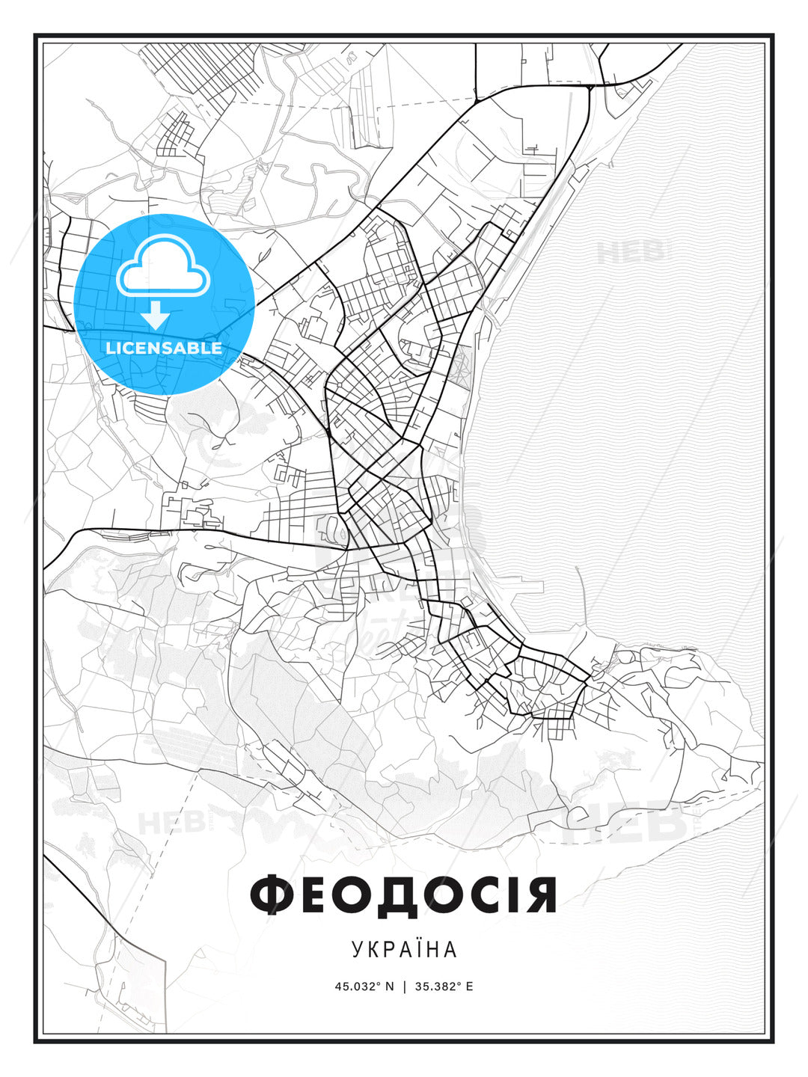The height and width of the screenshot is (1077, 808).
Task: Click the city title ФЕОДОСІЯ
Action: coord(403,895)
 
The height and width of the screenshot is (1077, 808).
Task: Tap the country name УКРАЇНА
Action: coord(404,949)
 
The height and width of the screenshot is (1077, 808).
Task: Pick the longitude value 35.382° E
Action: coord(444,987)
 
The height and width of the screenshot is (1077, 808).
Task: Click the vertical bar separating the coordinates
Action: coord(405,987)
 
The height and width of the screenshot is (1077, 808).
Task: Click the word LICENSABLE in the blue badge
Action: coord(164,348)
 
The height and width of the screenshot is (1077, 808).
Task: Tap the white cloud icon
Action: coord(161,266)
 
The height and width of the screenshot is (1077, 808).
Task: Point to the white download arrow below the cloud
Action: coord(156,315)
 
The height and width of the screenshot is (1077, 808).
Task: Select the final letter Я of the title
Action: coord(539,895)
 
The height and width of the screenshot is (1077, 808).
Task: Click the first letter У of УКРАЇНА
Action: coord(357,949)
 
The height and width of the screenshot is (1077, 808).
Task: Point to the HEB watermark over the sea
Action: coord(631,251)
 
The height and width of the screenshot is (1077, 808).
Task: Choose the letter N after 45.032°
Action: coord(389,987)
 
